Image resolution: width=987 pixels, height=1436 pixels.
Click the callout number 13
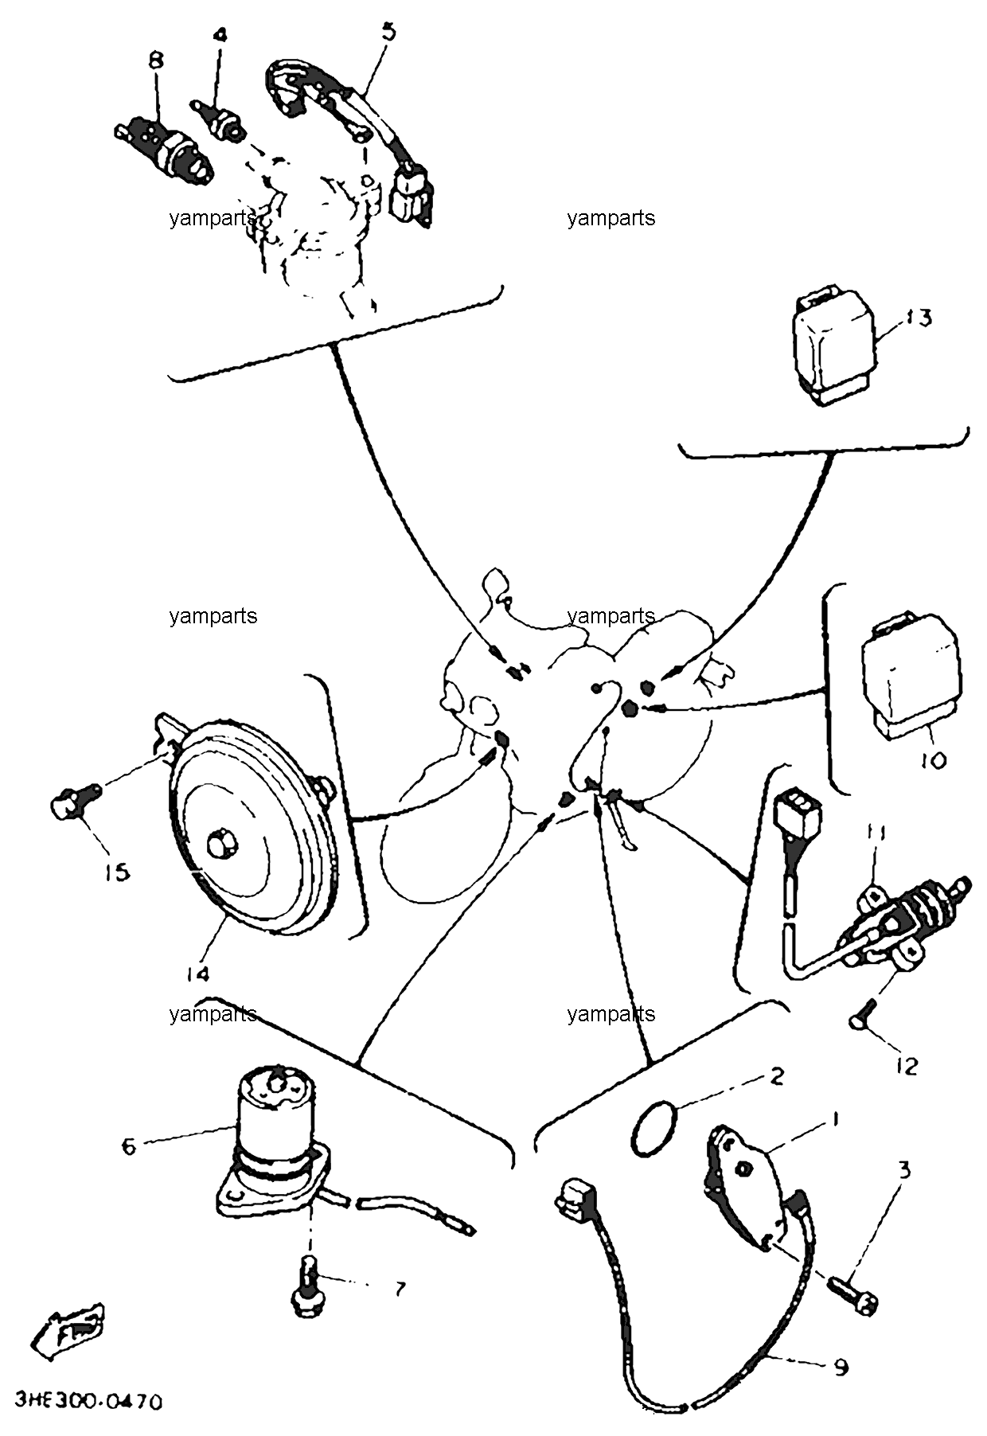(x=919, y=318)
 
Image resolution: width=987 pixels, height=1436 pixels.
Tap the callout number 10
(x=934, y=760)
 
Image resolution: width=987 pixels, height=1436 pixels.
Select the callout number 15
(x=116, y=872)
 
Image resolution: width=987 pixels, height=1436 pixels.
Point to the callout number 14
(x=197, y=974)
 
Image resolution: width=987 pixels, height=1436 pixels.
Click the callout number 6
(x=128, y=1146)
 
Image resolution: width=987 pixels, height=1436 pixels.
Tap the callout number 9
(x=841, y=1368)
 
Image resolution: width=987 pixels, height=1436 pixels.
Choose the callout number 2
(x=776, y=1077)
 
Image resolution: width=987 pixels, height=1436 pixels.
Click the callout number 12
(x=906, y=1065)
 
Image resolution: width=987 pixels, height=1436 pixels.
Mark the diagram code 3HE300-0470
(x=88, y=1400)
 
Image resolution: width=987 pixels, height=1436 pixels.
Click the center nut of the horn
(x=219, y=843)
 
